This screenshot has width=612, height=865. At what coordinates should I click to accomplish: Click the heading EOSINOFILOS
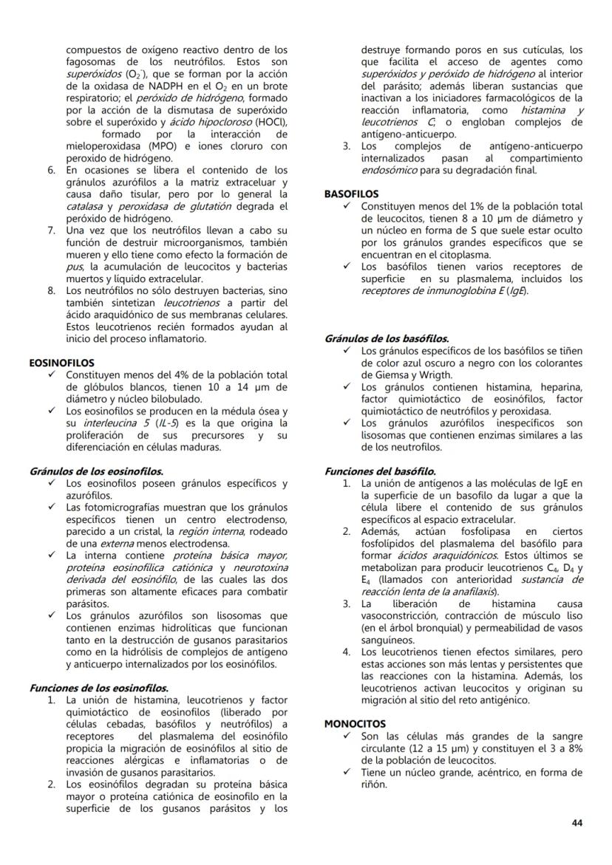click(x=62, y=363)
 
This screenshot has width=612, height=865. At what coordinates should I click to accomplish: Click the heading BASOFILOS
click(x=351, y=194)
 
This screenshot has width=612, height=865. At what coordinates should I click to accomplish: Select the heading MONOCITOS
click(x=355, y=724)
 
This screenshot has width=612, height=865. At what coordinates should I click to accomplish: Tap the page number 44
click(x=577, y=823)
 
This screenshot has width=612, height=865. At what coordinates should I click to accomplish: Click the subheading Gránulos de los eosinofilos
click(x=97, y=471)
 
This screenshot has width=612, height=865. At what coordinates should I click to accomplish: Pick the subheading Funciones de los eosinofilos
click(x=99, y=688)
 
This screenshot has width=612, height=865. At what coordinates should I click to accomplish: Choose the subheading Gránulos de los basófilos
click(x=387, y=338)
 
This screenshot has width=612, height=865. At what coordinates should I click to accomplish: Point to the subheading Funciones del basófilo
click(x=380, y=471)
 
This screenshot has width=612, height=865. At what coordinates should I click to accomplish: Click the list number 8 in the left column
click(x=52, y=290)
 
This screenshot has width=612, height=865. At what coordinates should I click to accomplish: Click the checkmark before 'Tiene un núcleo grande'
click(x=347, y=773)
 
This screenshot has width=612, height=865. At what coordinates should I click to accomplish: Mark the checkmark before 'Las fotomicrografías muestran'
click(x=52, y=507)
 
